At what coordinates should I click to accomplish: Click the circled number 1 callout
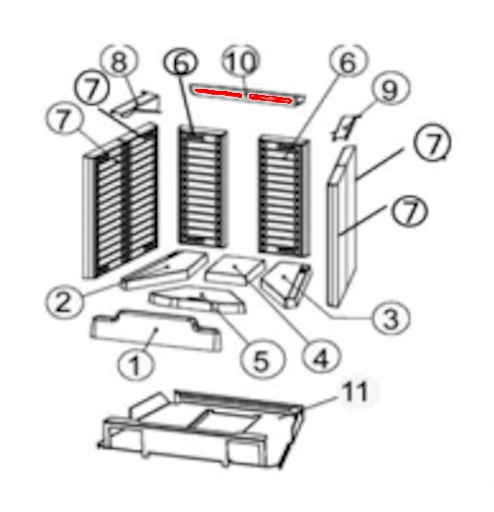tap(135, 364)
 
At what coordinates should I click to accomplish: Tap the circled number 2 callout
tap(64, 301)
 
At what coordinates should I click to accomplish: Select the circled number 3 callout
tap(391, 317)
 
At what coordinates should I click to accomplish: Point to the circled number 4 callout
tap(321, 357)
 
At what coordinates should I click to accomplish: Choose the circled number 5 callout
tap(262, 360)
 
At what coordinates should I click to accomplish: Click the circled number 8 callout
tap(120, 61)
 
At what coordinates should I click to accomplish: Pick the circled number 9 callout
tap(391, 88)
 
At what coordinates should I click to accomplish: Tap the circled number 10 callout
tap(241, 61)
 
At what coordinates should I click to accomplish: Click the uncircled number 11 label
tap(355, 391)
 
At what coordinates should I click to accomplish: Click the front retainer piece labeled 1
tap(155, 329)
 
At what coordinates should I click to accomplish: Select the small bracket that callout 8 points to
tap(136, 104)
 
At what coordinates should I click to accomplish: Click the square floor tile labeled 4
tap(234, 269)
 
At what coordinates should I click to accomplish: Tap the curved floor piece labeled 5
tap(198, 299)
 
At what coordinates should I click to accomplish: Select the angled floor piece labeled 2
tap(164, 271)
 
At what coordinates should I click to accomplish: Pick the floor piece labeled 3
tap(287, 285)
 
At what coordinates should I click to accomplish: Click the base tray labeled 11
tap(201, 428)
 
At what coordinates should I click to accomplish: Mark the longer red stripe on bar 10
tap(218, 93)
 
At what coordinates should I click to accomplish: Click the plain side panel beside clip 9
tap(342, 225)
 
